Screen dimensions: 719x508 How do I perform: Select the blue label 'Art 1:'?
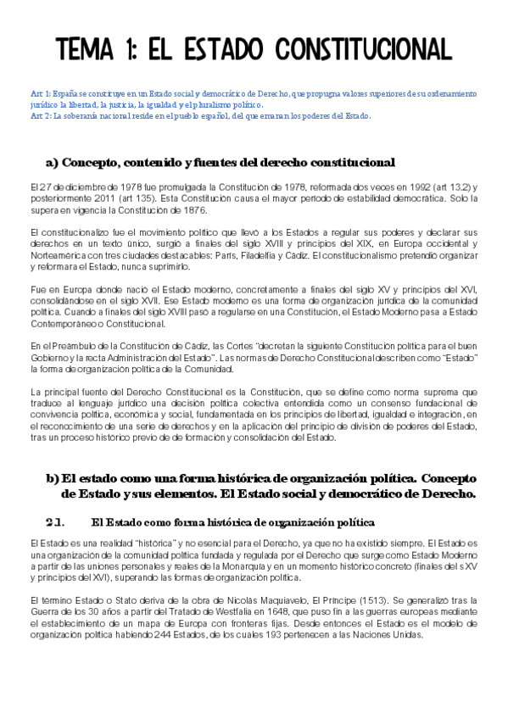40,93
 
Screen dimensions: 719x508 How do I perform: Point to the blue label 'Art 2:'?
40,115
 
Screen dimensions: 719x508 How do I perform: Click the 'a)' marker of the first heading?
52,162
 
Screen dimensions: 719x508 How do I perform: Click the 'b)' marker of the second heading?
52,478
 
